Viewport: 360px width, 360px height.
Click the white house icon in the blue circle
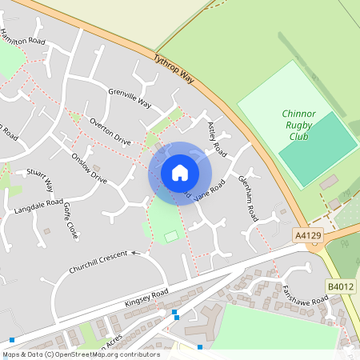(x=180, y=172)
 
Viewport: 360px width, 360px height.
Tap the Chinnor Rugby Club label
(x=298, y=126)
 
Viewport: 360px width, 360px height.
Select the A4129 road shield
(x=309, y=235)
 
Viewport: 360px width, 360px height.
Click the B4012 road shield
(x=341, y=286)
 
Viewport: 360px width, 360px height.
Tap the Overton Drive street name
(x=110, y=130)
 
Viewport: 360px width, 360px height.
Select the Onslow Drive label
(x=89, y=168)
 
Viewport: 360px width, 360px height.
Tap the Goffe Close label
(x=71, y=221)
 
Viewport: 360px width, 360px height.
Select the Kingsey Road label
(x=146, y=299)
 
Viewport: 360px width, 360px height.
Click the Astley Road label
(x=217, y=139)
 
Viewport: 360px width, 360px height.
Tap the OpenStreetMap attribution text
(x=80, y=354)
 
